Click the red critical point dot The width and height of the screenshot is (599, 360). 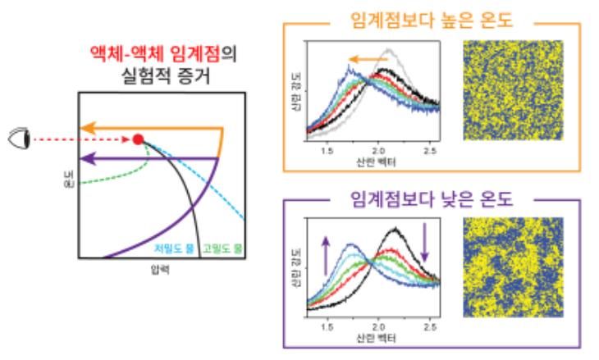[138, 139]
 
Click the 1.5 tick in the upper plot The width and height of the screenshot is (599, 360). [327, 152]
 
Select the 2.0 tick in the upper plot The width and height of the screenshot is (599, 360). [378, 152]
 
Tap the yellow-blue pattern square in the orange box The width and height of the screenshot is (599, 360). [514, 90]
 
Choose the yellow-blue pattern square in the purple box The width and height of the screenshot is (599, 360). [514, 268]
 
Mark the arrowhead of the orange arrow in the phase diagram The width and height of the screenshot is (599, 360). [85, 128]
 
